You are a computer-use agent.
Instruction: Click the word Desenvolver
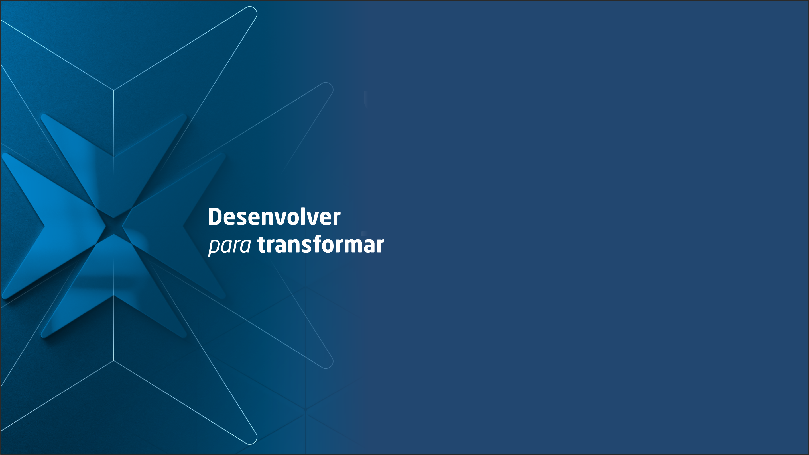tap(274, 216)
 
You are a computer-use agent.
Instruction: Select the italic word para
tap(230, 245)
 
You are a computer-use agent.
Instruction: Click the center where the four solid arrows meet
tap(114, 226)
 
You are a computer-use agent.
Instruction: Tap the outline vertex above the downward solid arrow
tap(114, 90)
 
